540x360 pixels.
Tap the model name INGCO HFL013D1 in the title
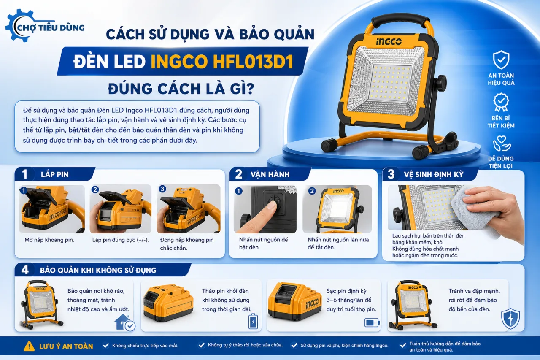pos(222,62)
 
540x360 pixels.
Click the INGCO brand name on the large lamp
pos(389,42)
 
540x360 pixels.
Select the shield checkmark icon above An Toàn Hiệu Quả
pos(501,60)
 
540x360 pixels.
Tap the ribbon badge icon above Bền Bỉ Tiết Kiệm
pos(501,102)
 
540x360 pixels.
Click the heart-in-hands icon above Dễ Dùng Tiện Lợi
pos(502,143)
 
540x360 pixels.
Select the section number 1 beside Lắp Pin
pos(24,174)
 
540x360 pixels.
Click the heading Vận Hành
pos(270,174)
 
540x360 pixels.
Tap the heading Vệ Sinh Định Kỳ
pos(434,174)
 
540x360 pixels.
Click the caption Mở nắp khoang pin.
pos(49,240)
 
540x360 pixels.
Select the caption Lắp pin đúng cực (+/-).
pos(121,240)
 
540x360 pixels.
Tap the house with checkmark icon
pos(124,322)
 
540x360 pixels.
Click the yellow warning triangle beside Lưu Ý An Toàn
pos(29,346)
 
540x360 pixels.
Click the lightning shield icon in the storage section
pos(510,318)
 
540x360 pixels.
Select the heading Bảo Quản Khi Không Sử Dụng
pos(98,270)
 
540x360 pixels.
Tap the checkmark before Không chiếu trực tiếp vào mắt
pos(105,346)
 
